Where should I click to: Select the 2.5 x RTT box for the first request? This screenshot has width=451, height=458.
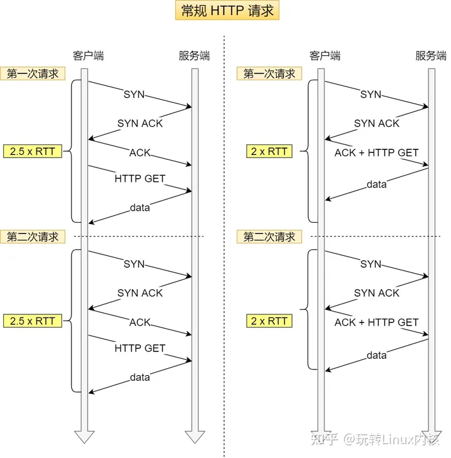click(x=32, y=151)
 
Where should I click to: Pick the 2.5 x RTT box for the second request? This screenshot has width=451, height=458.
click(x=32, y=321)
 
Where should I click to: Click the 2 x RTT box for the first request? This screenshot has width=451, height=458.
click(x=269, y=151)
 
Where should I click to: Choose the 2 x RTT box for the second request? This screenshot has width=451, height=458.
click(x=269, y=321)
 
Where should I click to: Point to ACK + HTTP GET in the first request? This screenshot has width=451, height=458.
click(x=376, y=152)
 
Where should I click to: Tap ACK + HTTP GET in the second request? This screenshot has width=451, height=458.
click(x=376, y=322)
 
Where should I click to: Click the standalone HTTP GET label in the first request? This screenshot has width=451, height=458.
click(x=140, y=179)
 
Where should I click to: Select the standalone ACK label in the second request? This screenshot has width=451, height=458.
click(x=140, y=322)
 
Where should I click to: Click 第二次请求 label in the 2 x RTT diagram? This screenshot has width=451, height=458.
click(x=269, y=237)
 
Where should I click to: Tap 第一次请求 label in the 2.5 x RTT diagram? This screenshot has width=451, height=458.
click(x=32, y=73)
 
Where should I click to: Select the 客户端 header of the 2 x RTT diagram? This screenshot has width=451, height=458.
click(x=324, y=56)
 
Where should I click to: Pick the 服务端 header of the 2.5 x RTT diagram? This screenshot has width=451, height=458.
click(x=194, y=56)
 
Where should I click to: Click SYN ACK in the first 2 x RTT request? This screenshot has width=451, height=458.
click(x=376, y=124)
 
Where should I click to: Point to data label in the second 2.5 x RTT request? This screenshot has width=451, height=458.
click(x=140, y=377)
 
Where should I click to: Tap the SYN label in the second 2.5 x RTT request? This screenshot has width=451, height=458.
click(x=134, y=264)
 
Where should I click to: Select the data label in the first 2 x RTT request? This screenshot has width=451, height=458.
click(x=376, y=184)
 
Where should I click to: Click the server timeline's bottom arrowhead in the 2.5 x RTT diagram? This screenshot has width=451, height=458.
click(x=194, y=437)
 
